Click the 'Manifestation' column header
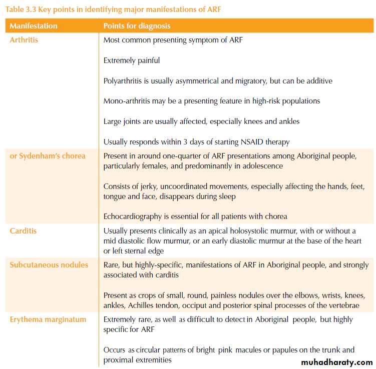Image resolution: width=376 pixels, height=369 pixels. [x=34, y=25]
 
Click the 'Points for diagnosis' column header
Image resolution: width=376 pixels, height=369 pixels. [x=137, y=25]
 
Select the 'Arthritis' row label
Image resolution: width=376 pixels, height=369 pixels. [x=24, y=39]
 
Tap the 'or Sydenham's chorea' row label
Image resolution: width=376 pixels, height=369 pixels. [x=48, y=155]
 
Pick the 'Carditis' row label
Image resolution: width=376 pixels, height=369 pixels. [x=23, y=230]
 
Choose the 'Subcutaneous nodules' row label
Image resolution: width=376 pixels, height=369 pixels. [x=49, y=264]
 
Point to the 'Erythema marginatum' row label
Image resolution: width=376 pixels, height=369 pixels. [x=48, y=319]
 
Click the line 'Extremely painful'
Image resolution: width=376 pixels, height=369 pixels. [x=132, y=60]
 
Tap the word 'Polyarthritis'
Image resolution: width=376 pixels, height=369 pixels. [x=124, y=80]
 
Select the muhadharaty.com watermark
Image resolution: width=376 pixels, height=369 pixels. [x=336, y=361]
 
